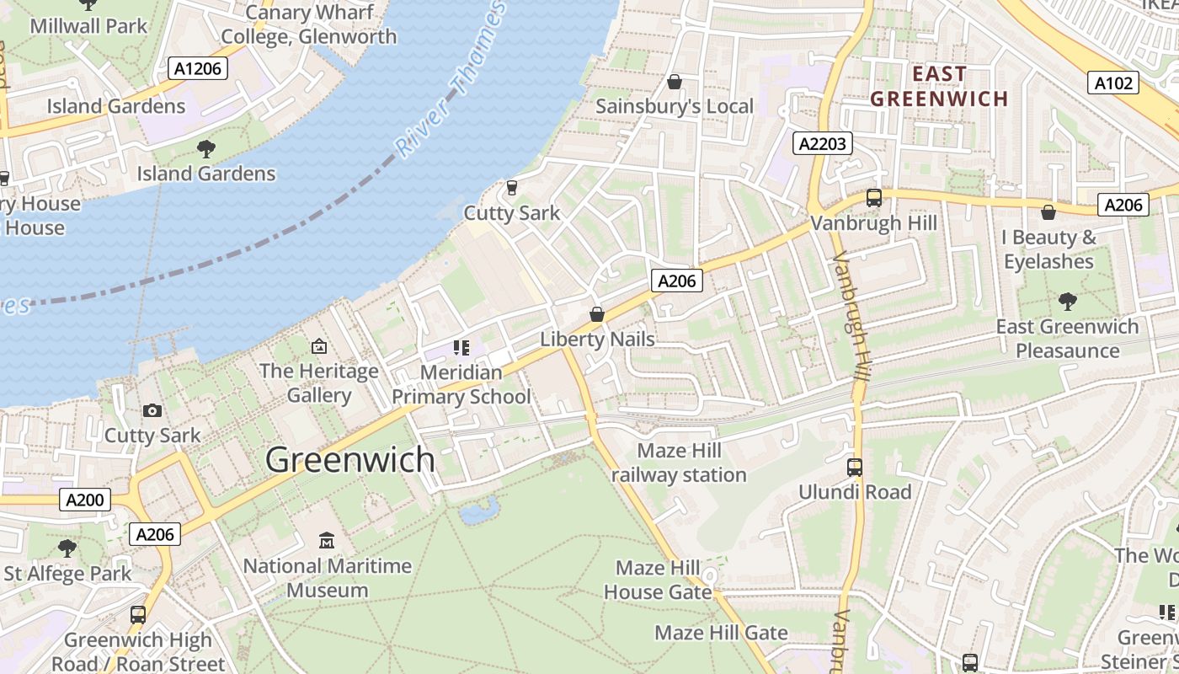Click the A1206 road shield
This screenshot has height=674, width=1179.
pyautogui.click(x=198, y=68)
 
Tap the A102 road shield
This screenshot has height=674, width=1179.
pyautogui.click(x=1115, y=83)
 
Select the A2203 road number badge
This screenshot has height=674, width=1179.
pyautogui.click(x=822, y=144)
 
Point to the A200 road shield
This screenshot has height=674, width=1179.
pyautogui.click(x=85, y=500)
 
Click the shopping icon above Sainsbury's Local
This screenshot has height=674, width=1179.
pyautogui.click(x=674, y=82)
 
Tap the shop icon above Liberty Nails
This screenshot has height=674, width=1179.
pyautogui.click(x=597, y=314)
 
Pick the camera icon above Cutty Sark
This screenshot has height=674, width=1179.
pyautogui.click(x=152, y=410)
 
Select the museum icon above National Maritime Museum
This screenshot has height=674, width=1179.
pyautogui.click(x=327, y=540)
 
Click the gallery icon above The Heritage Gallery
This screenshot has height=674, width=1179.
pyautogui.click(x=319, y=346)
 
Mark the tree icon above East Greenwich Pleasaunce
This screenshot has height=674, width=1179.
pyautogui.click(x=1067, y=301)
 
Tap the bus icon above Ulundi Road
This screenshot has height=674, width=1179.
pyautogui.click(x=855, y=467)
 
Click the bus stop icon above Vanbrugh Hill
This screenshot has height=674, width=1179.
pyautogui.click(x=874, y=198)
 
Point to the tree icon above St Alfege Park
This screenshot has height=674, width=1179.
pyautogui.click(x=67, y=548)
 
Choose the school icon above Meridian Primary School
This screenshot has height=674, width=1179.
pyautogui.click(x=461, y=347)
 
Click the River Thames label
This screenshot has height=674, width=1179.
pyautogui.click(x=451, y=81)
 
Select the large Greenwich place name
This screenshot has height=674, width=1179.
pyautogui.click(x=350, y=460)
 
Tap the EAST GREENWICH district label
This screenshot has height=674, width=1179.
pyautogui.click(x=939, y=86)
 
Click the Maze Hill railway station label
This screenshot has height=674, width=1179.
pyautogui.click(x=679, y=463)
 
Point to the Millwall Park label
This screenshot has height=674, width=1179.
pyautogui.click(x=88, y=25)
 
